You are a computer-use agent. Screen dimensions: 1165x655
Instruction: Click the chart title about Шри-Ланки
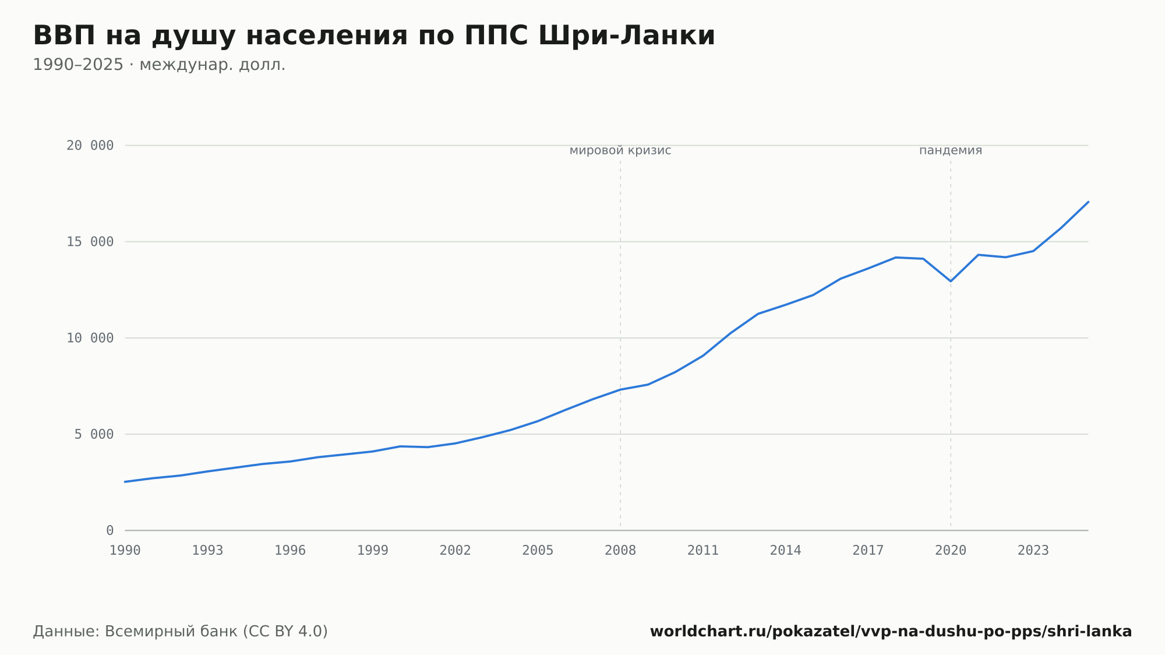[374, 36]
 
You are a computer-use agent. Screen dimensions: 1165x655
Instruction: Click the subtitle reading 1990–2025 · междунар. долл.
[159, 65]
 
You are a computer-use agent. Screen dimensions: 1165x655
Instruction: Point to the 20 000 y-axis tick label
[90, 146]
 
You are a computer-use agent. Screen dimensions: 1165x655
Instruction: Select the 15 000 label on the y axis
[90, 242]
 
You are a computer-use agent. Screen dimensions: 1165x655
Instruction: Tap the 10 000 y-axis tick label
[90, 338]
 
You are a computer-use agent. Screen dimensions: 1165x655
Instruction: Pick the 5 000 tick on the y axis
[94, 434]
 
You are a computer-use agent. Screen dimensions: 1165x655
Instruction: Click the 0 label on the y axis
[110, 530]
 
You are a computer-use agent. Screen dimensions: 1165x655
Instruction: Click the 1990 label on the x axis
[125, 551]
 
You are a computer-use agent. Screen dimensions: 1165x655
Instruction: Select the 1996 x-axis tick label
[290, 551]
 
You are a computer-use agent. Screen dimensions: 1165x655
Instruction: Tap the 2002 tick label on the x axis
[456, 551]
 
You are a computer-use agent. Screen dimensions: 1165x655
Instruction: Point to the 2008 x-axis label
[620, 551]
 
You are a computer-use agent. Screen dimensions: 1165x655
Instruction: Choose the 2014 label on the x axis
[786, 551]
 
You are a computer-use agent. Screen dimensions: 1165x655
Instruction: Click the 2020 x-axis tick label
[951, 551]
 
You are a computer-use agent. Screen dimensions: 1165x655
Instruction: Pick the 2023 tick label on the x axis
[1033, 551]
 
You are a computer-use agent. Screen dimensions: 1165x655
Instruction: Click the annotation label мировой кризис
[620, 150]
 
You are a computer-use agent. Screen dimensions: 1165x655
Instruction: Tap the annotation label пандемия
[951, 150]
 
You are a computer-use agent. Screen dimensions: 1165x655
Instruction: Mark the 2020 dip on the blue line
[951, 281]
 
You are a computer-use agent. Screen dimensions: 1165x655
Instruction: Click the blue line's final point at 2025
[1088, 202]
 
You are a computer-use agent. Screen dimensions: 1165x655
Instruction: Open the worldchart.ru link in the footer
[891, 632]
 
